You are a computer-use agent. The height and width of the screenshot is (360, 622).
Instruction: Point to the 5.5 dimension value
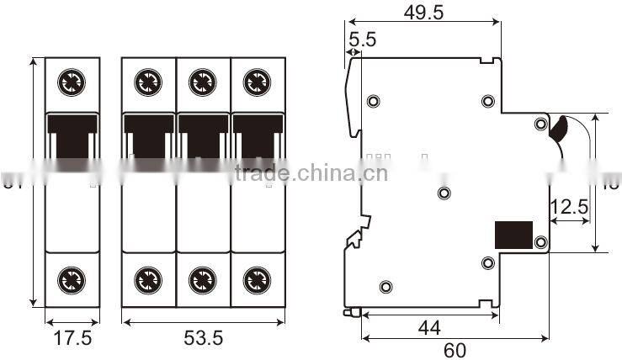363,39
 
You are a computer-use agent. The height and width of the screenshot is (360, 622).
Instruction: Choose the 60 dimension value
455,349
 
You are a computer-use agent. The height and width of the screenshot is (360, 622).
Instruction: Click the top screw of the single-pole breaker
72,82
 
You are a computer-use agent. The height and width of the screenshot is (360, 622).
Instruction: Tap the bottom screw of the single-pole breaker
72,278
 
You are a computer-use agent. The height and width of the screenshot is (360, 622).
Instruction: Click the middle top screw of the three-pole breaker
203,82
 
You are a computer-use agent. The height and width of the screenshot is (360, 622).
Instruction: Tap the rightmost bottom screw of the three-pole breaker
256,278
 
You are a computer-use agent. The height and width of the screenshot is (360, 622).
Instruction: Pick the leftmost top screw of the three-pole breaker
149,82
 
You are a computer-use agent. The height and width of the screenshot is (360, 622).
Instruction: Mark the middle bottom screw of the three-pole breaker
203,278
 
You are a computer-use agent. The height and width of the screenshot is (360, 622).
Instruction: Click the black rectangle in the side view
513,235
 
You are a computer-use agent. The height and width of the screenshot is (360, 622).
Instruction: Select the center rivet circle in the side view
445,193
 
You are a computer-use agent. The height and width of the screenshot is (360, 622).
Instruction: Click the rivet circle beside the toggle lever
541,124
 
